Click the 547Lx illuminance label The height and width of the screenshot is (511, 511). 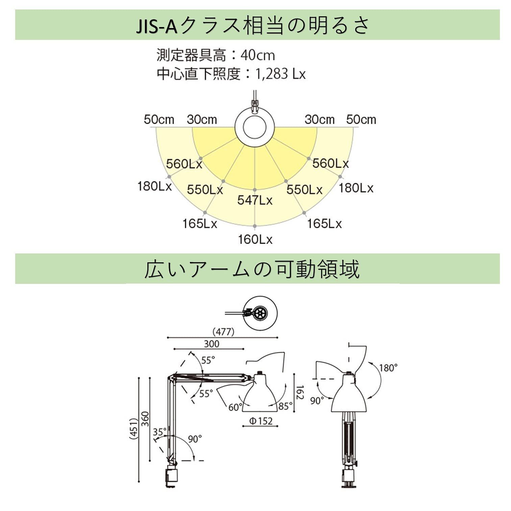255,200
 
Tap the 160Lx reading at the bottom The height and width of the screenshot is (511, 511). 255,240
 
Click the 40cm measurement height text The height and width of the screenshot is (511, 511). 258,55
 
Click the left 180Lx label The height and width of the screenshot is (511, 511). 154,186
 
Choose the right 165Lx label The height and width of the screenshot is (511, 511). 324,224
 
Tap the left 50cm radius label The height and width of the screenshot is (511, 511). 159,120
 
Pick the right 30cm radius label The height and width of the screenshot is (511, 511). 319,120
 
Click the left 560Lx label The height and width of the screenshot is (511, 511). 184,164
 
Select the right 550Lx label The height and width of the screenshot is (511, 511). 305,190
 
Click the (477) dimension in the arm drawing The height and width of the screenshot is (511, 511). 223,332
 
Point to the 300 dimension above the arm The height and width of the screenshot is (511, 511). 212,344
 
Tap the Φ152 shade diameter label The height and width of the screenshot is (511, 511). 261,421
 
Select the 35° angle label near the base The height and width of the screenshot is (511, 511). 160,432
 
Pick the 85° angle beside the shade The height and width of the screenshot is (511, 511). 286,406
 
